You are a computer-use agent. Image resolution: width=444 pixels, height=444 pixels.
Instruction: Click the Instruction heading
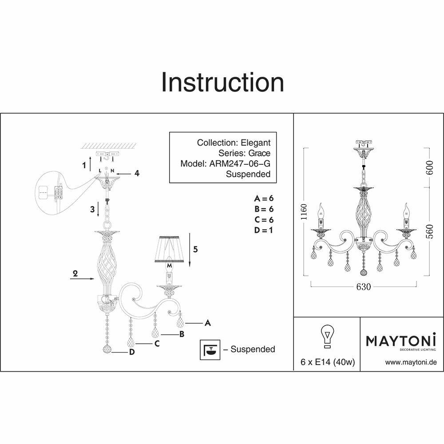coord(222,83)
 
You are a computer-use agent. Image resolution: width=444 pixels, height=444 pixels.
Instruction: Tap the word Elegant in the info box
coord(255,143)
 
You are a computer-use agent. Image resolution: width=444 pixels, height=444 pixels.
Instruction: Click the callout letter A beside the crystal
coord(207,323)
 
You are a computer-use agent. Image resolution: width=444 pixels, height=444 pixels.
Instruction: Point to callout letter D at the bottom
coord(132,352)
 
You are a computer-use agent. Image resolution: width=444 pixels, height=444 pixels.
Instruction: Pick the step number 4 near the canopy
coord(137,173)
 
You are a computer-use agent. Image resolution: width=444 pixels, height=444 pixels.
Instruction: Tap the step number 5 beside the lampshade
coord(195,250)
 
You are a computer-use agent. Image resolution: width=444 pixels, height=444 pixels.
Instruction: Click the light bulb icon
coord(326,337)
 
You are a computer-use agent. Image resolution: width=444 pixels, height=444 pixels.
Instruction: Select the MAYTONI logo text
coord(401,341)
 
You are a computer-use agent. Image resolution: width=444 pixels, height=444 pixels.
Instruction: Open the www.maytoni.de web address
coord(411,362)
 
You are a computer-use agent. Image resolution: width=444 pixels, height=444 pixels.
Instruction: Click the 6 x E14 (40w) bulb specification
coord(327,362)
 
